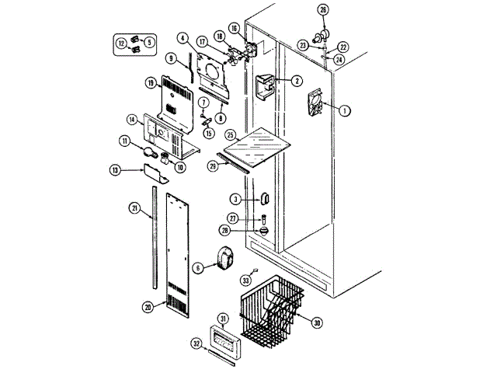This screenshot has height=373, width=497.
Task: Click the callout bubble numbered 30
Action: (317, 322)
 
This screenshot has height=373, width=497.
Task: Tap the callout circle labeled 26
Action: (324, 10)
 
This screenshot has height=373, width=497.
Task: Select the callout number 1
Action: (344, 110)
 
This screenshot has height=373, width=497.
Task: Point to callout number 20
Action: (148, 307)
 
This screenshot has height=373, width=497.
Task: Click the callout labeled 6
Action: (198, 267)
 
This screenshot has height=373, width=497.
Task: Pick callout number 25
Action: (230, 134)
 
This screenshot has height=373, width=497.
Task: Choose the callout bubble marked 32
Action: (196, 342)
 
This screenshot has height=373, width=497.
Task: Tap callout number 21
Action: (134, 207)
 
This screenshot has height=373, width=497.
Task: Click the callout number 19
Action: (151, 82)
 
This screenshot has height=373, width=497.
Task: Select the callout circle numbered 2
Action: (297, 80)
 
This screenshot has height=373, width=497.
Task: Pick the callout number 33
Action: (245, 280)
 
